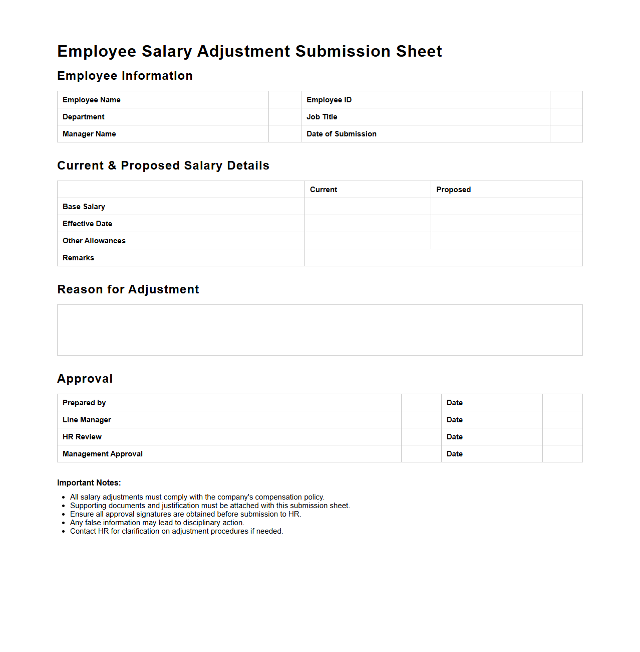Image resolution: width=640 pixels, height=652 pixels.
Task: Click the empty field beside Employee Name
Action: point(284,100)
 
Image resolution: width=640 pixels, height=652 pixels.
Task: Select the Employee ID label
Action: point(329,100)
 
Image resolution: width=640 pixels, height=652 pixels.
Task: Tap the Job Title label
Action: point(322,117)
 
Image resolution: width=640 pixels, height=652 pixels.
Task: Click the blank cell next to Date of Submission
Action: point(566,134)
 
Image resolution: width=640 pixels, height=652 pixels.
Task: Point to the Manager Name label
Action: point(89,134)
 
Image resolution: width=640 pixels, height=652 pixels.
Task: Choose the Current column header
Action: point(324,190)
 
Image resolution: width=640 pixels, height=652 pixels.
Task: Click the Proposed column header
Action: point(453,190)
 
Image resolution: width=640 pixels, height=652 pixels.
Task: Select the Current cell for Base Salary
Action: point(368,207)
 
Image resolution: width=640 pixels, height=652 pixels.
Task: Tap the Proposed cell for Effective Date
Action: point(506,224)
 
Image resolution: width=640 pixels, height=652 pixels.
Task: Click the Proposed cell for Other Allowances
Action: point(506,241)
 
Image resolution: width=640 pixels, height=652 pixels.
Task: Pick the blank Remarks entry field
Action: point(443,258)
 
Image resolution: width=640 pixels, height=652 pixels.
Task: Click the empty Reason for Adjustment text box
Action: point(319,330)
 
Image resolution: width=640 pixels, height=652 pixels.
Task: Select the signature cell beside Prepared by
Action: point(421,403)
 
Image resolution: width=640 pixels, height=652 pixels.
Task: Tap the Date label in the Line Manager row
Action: point(454,420)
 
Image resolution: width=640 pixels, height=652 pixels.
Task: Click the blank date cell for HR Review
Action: point(562,437)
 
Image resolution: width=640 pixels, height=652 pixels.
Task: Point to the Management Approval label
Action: point(103,454)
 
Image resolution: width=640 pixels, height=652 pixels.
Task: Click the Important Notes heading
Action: point(89,483)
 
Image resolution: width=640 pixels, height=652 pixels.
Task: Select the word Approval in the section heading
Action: point(85,379)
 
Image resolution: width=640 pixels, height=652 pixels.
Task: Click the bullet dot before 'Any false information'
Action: point(64,523)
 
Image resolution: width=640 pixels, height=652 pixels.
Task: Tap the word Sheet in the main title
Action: point(419,51)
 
